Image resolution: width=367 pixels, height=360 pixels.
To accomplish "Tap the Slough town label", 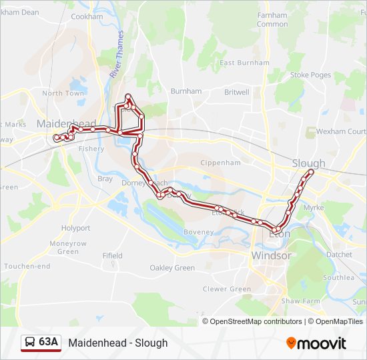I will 308,163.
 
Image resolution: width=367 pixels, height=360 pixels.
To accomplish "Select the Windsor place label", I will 271,255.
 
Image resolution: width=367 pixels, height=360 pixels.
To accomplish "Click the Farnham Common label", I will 272,19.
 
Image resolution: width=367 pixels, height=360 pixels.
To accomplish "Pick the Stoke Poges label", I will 310,75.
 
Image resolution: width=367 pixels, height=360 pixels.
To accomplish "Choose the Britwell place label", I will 236,92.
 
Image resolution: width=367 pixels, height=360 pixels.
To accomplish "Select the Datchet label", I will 339,255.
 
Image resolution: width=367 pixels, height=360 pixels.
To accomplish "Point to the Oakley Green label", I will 172,268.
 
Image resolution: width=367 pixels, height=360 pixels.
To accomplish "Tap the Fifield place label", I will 112,255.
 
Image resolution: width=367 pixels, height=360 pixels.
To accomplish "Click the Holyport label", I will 75,228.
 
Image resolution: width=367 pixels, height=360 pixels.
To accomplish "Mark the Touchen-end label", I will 27,266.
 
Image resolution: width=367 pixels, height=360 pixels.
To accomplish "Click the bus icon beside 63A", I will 30,343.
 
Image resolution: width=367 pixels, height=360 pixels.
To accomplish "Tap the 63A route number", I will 48,343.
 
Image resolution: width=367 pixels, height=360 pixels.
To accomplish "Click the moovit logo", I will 316,343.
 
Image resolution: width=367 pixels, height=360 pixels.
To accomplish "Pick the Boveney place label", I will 199,232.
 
